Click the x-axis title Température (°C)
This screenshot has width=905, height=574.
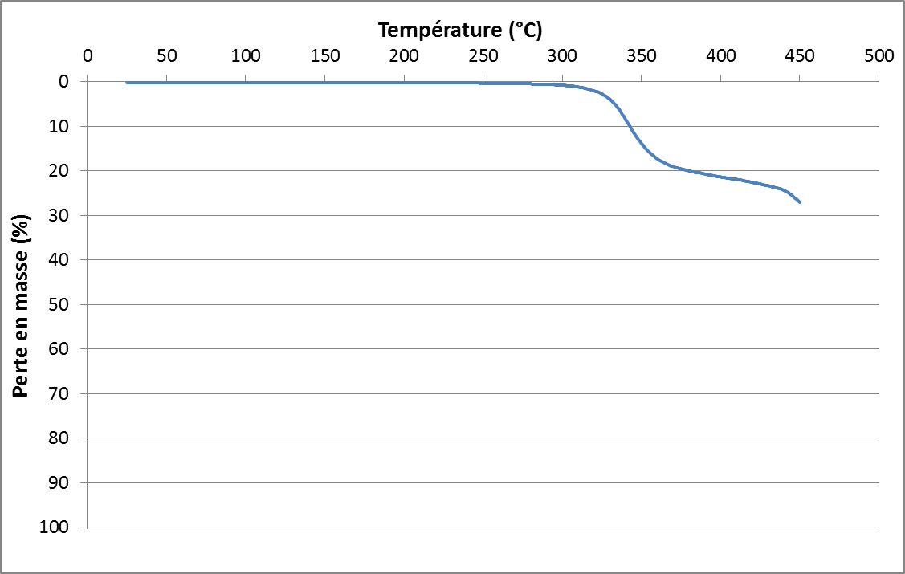coord(460,31)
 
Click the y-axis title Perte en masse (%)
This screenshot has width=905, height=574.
coord(22,306)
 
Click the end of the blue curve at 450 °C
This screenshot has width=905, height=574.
coord(800,202)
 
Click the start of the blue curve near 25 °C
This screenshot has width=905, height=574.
coord(127,83)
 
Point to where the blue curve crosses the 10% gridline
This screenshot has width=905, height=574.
coord(628,126)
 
